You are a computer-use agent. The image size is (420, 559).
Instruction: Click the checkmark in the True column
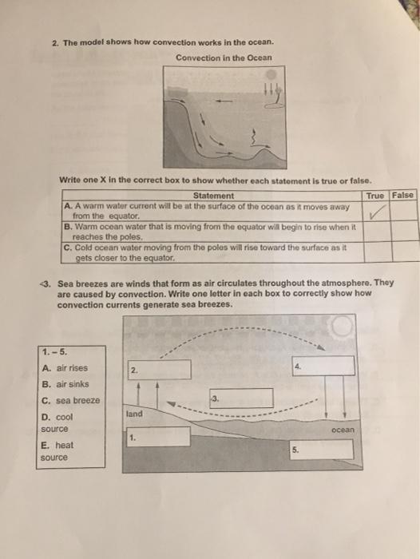pyautogui.click(x=377, y=211)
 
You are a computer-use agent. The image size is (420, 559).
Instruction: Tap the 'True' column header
pyautogui.click(x=375, y=196)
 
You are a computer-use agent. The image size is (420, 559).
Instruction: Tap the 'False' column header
pyautogui.click(x=403, y=196)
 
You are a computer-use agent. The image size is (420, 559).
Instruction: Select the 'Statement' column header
pyautogui.click(x=213, y=196)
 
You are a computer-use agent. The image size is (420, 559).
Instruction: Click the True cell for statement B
pyautogui.click(x=376, y=231)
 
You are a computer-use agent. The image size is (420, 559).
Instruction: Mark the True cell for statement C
pyautogui.click(x=376, y=252)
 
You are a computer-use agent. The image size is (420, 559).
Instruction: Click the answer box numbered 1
pyautogui.click(x=157, y=437)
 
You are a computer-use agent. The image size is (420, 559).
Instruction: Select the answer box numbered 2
pyautogui.click(x=160, y=369)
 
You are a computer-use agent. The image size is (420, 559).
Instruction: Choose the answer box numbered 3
pyautogui.click(x=241, y=398)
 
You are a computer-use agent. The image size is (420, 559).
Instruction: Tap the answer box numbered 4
pyautogui.click(x=323, y=365)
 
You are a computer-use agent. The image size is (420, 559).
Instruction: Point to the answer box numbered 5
pyautogui.click(x=322, y=449)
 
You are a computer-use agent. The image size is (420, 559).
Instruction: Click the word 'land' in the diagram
pyautogui.click(x=134, y=414)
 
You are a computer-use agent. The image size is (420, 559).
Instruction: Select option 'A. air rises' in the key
pyautogui.click(x=64, y=368)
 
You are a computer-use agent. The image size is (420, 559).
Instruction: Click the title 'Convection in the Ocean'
pyautogui.click(x=224, y=57)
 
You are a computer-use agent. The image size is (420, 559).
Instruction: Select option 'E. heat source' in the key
pyautogui.click(x=57, y=451)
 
